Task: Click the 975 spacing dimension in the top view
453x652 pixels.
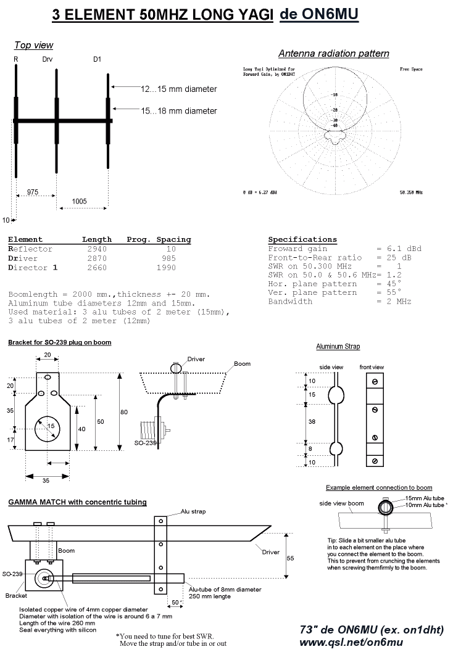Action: point(33,192)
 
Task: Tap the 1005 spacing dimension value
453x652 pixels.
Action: point(78,201)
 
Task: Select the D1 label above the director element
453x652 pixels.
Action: point(97,59)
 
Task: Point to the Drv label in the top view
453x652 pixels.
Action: point(48,59)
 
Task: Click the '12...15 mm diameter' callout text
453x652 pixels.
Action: point(178,89)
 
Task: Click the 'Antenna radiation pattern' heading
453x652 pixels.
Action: point(333,54)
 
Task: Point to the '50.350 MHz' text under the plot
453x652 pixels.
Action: point(410,193)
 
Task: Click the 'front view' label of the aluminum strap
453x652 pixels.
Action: point(372,367)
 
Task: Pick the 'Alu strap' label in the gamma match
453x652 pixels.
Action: point(193,512)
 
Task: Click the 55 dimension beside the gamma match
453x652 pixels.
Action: point(290,556)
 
